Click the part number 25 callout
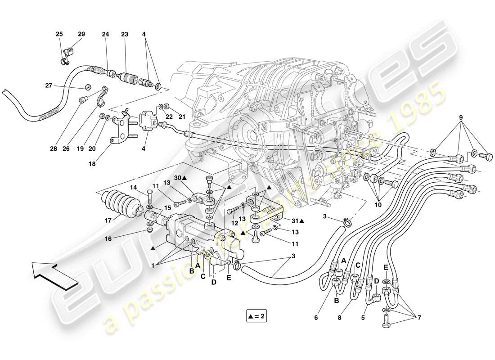pyautogui.click(x=59, y=34)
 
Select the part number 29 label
pyautogui.click(x=81, y=34)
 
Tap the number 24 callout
pyautogui.click(x=105, y=34)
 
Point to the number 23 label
pyautogui.click(x=125, y=34)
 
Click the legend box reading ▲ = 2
pyautogui.click(x=257, y=316)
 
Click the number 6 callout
pyautogui.click(x=315, y=318)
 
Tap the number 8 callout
pyautogui.click(x=339, y=318)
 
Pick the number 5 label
pyautogui.click(x=363, y=318)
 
